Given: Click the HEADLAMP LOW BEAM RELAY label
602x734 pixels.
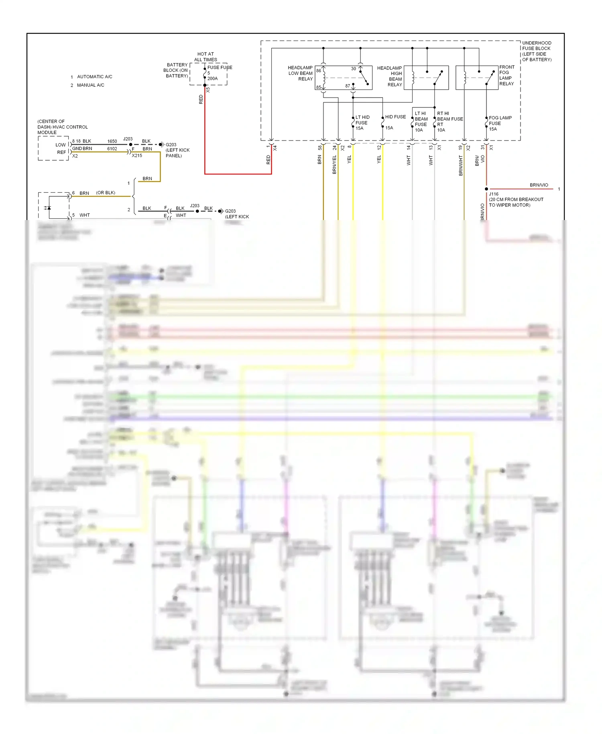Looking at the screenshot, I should (x=300, y=73).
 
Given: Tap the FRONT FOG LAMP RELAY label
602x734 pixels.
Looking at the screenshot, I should (x=506, y=75).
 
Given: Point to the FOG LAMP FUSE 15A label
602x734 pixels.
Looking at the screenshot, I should (x=500, y=123).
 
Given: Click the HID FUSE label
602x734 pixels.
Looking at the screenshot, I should (x=395, y=117).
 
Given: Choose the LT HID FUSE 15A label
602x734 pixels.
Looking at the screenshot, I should (x=362, y=123).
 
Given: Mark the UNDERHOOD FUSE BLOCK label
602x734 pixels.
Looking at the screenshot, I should (x=537, y=51).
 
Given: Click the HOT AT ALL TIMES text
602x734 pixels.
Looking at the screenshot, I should (x=205, y=57).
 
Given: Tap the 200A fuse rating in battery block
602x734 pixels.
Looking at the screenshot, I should (x=212, y=79).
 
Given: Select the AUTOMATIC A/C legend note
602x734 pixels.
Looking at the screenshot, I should (x=94, y=77).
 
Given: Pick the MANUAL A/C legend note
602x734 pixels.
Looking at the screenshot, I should (x=90, y=85).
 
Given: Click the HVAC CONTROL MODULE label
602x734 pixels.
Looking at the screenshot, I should (x=62, y=127).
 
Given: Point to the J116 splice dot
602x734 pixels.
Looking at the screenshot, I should (x=486, y=189).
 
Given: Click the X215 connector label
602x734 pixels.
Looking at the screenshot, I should (x=137, y=155).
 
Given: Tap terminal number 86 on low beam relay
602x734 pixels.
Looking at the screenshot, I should (x=319, y=71).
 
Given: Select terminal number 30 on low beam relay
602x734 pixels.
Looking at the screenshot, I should (x=353, y=69).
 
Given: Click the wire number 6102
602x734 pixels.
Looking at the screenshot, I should (x=112, y=149).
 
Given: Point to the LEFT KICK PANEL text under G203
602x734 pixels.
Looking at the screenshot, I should (x=177, y=153).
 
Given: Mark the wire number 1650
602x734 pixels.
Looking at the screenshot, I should (x=112, y=141).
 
